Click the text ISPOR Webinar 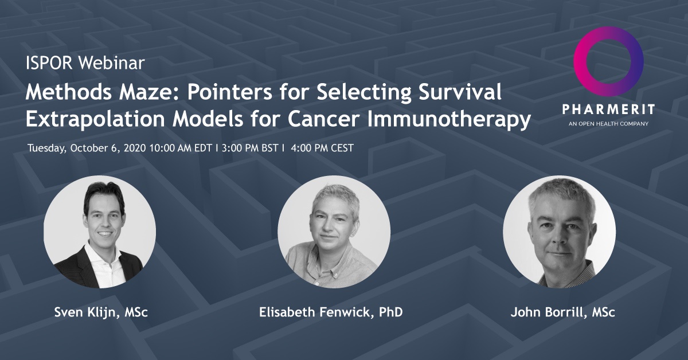coord(85,63)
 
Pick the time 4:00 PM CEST coord(322,148)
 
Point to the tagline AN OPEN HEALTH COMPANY coord(608,123)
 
